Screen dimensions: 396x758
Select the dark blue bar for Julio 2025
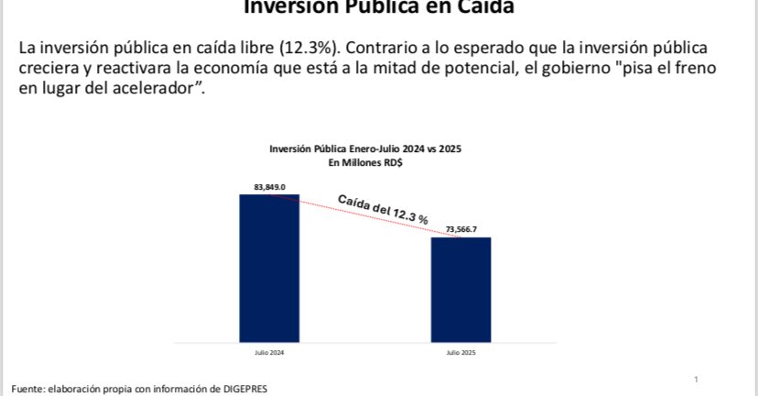[x=461, y=288]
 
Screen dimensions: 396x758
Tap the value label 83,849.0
[x=270, y=187]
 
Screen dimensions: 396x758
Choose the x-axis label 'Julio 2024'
[x=269, y=352]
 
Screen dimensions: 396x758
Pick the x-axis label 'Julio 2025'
[x=461, y=352]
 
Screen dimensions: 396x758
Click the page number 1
[x=697, y=379]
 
